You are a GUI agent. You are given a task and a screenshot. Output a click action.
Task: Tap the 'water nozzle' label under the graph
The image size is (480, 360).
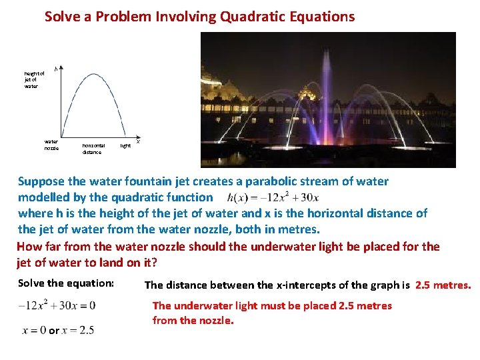coord(51,145)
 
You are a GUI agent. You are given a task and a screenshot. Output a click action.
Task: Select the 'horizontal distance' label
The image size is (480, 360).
coord(93,149)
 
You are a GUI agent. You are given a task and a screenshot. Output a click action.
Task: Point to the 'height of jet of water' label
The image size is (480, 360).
coord(33,80)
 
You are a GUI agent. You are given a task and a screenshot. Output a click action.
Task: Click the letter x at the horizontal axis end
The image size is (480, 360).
coord(137,140)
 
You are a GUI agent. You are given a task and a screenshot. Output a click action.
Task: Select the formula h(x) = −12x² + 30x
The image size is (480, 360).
coord(273,197)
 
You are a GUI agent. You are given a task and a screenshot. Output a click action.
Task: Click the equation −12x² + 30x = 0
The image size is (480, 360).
coord(57,305)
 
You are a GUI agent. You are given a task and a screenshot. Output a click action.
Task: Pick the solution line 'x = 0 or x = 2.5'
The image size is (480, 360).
coord(58,330)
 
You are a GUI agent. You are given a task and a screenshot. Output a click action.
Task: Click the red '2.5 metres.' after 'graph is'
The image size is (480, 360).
coord(443,285)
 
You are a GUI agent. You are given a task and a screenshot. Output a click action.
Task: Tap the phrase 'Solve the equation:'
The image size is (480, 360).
coord(66,283)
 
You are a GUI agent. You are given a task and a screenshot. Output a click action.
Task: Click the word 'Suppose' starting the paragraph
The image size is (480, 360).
coord(42,181)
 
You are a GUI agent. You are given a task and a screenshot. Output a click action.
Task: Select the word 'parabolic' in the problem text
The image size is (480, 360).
coord(271,181)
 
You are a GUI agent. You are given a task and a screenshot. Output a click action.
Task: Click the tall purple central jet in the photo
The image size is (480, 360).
coord(327,100)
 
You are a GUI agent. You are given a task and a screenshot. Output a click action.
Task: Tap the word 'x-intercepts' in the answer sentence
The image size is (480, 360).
coord(287,285)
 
